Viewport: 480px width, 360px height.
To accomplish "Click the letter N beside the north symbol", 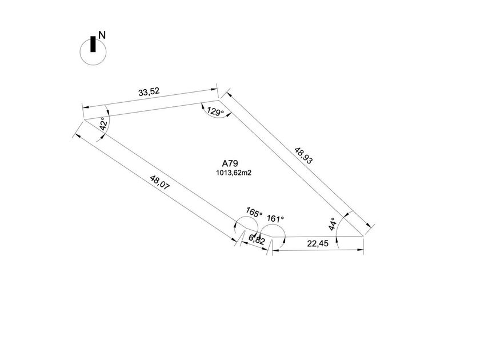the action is point(102,35).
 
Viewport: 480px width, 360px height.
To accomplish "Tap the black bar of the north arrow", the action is point(93,44).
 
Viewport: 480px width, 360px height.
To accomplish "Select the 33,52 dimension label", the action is point(149,92).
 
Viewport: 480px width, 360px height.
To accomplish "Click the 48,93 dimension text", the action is point(303,155).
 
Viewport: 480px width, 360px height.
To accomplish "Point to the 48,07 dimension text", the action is point(159,182).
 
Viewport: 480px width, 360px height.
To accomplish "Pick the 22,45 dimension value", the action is point(318,243).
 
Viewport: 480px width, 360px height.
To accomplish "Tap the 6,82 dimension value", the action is point(257,239).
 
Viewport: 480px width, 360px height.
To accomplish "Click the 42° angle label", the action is point(104,123).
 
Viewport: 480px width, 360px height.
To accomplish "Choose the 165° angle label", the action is point(254,212).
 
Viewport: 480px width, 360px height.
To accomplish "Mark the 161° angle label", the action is point(275,218).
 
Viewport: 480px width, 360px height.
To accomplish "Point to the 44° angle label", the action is point(333,224).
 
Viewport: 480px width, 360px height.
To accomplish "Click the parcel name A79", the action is point(230,163).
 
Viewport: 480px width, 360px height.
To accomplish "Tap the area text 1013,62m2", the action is point(234,173).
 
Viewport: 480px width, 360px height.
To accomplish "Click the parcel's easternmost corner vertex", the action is point(363,236).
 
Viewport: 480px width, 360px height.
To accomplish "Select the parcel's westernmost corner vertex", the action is point(84,119).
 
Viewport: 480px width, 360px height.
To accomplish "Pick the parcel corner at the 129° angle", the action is point(219,100).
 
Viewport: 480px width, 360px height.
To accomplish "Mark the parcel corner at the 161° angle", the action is point(272,237).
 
